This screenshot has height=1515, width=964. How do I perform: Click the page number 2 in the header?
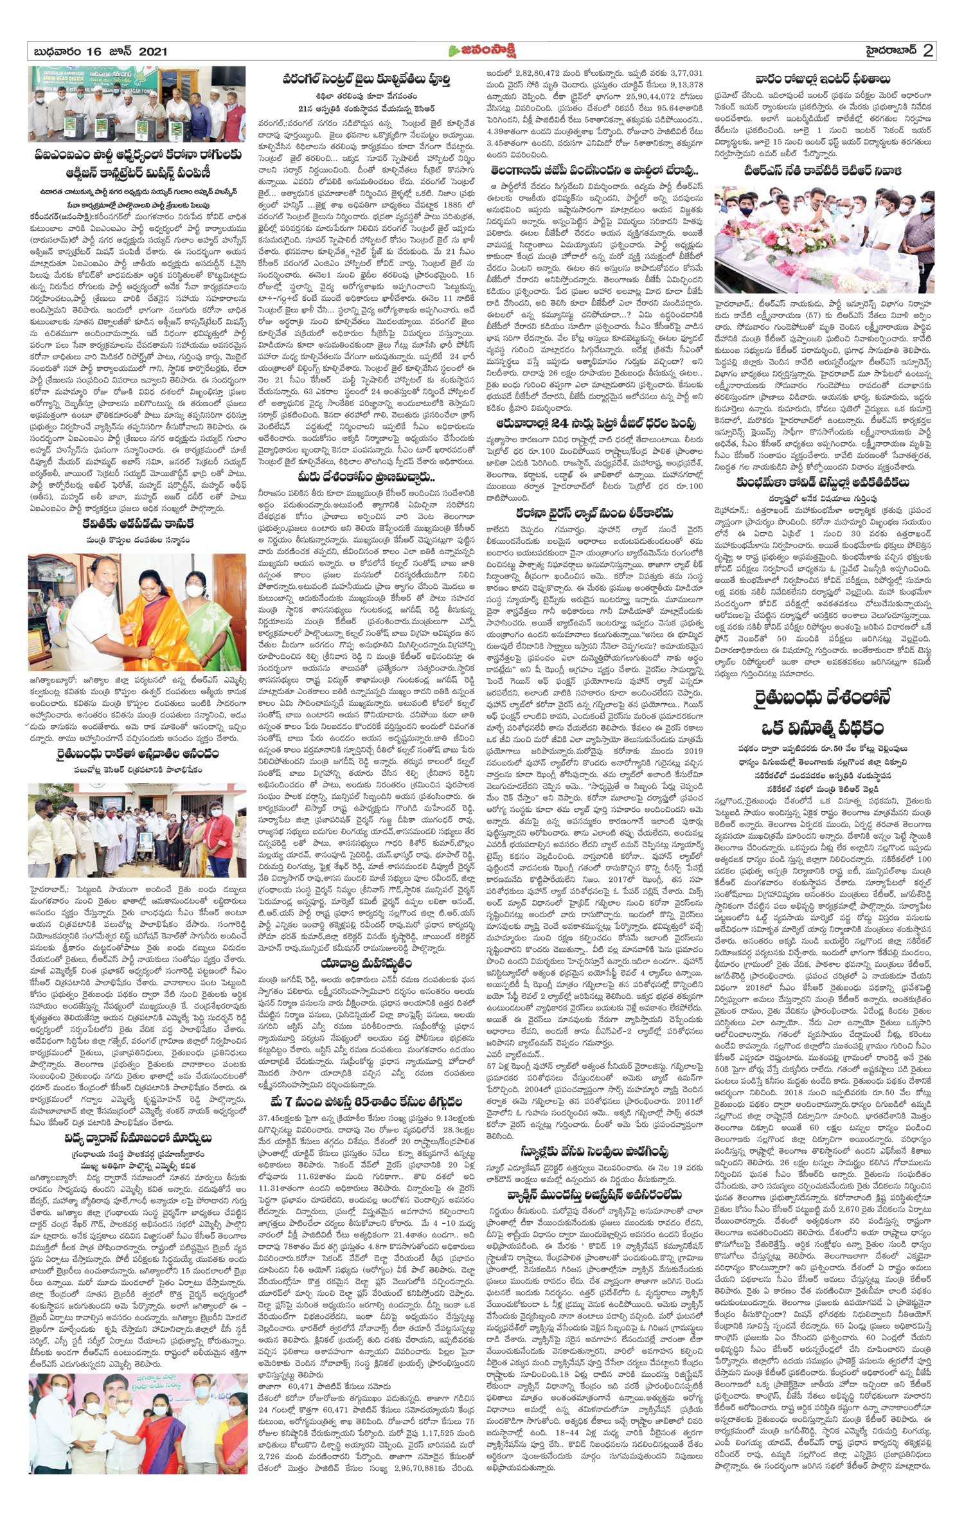(x=927, y=51)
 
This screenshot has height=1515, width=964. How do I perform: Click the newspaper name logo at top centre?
(x=483, y=51)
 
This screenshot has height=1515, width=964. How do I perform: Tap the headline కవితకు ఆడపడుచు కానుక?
(x=138, y=524)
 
